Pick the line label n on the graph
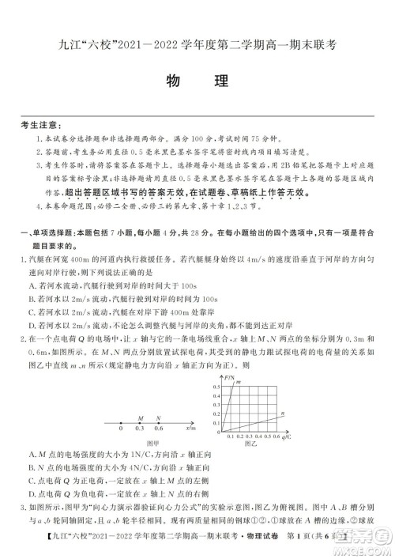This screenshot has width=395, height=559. point(282,412)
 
